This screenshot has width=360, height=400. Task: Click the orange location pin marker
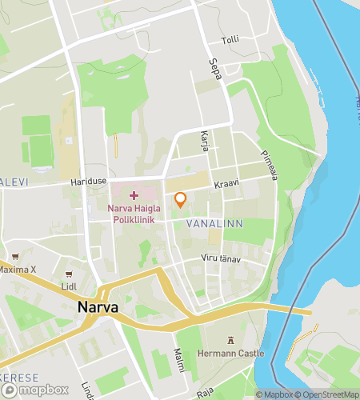pos(180,199)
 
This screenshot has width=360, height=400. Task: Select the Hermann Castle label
pos(230,352)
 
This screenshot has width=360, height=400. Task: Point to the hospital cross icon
pos(133,195)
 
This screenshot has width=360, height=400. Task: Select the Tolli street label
pos(230,39)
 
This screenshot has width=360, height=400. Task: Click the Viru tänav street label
pos(219,260)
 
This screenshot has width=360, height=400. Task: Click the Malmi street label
pos(179,360)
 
